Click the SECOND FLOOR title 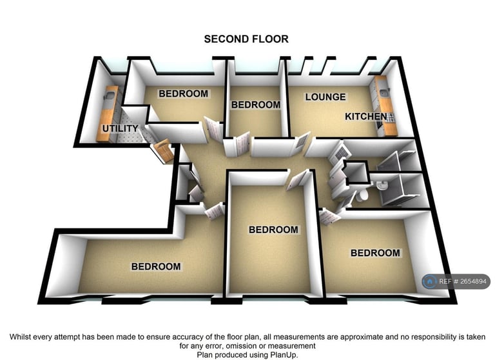pos(246,39)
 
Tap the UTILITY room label pos(121,129)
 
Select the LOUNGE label pos(325,97)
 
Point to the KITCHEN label pos(366,117)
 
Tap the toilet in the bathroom pos(362,194)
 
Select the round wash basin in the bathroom pos(383,186)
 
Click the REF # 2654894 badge pos(456,281)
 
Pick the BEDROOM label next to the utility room pos(184,94)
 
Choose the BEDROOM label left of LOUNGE pos(256,105)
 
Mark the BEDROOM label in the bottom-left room pos(156,266)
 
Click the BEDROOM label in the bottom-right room pos(375,253)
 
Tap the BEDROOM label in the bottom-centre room pos(273,230)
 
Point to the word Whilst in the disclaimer pos(23,336)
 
